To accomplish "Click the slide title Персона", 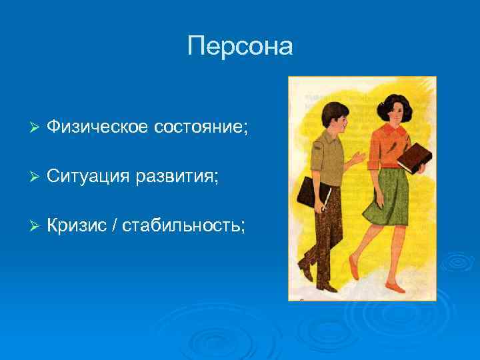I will pos(240,46).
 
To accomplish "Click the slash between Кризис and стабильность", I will pos(117,227).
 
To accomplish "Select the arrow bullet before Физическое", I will pos(36,127).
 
